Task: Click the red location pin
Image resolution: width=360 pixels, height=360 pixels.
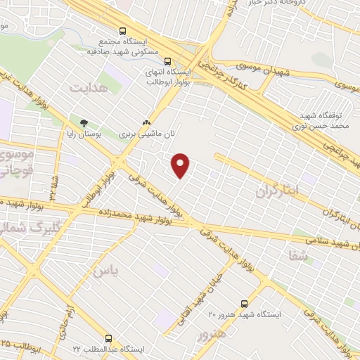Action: [x=181, y=165]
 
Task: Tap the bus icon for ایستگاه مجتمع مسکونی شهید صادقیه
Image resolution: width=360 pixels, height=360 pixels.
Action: [x=123, y=32]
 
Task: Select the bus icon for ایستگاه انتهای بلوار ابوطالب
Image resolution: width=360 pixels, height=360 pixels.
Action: [x=168, y=61]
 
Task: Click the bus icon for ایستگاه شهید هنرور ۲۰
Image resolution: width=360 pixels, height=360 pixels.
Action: [x=244, y=304]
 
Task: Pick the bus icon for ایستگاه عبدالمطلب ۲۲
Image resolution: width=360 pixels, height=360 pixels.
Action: [x=108, y=338]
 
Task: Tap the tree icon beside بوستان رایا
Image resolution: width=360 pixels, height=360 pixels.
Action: [x=84, y=124]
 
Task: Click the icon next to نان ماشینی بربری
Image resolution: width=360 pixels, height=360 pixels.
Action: [x=146, y=121]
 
